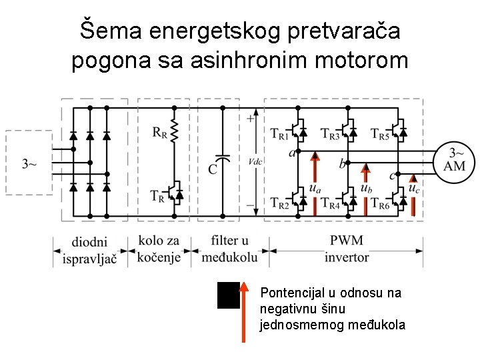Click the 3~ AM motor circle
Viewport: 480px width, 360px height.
(455, 160)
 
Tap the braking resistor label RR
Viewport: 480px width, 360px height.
(160, 133)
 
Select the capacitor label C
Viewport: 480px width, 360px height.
(212, 169)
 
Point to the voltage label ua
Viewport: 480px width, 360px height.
(315, 189)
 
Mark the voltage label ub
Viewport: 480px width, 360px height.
(365, 189)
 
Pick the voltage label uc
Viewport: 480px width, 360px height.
(414, 189)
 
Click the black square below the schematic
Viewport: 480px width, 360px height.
(229, 295)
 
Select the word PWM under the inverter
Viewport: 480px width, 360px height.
(347, 241)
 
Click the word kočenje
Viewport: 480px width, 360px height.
(159, 257)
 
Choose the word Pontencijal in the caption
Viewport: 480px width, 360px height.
(292, 293)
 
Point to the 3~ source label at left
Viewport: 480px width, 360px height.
(29, 163)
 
